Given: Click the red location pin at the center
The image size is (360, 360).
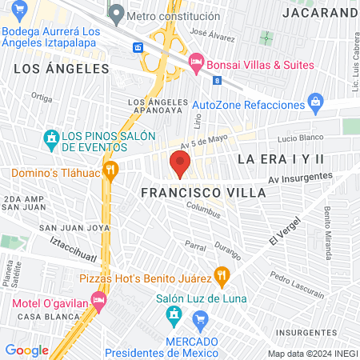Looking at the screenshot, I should (180, 166).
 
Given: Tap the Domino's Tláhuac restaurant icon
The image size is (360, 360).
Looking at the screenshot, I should (110, 169).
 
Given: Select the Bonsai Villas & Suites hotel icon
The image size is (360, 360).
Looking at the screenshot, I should (194, 62).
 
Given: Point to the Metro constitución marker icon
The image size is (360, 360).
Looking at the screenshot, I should (117, 14).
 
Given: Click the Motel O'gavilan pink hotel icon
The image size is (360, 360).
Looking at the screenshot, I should (98, 302).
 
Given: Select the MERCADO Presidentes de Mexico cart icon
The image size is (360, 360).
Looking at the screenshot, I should (202, 324).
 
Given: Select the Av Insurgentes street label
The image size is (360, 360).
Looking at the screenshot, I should (300, 178).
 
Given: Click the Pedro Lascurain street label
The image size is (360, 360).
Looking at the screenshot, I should (291, 281).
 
